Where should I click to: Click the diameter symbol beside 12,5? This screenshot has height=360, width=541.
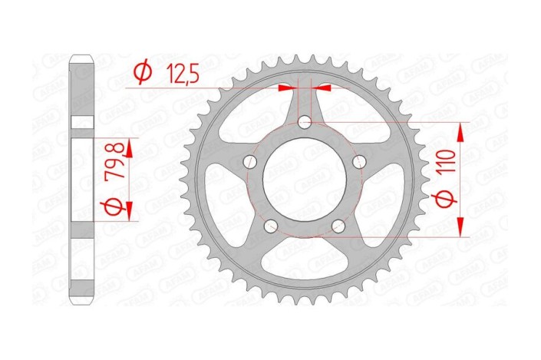pyautogui.click(x=142, y=74)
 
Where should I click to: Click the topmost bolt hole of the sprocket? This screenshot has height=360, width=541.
pyautogui.click(x=305, y=121)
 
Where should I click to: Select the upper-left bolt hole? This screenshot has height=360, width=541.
pyautogui.click(x=249, y=161)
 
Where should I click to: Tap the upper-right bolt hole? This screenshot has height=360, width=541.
pyautogui.click(x=360, y=161)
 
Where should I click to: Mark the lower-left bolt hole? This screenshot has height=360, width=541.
pyautogui.click(x=270, y=226)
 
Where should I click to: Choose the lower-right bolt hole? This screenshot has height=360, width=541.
pyautogui.click(x=338, y=226)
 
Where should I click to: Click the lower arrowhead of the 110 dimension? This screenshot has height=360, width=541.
pyautogui.click(x=460, y=230)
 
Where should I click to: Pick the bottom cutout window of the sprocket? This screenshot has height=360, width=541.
pyautogui.click(x=305, y=261)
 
